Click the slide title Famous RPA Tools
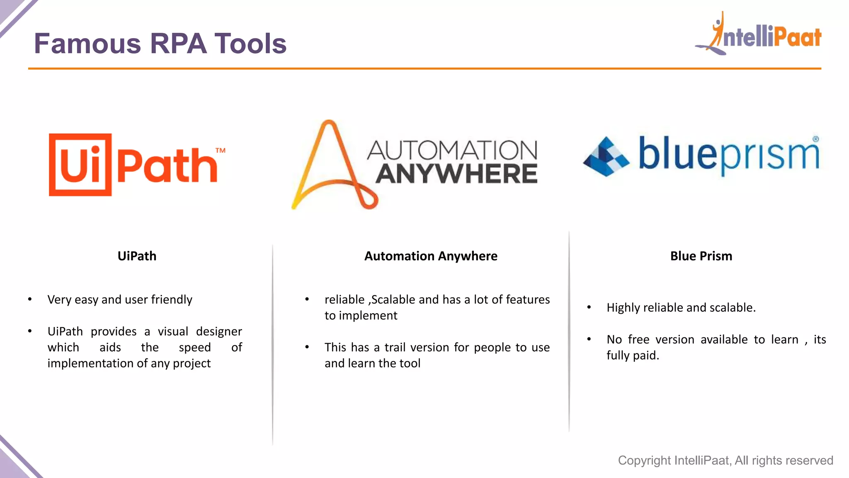coord(160,44)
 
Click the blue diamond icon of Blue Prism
coord(606,156)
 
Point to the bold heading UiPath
coord(137,256)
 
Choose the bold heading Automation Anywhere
coord(431,256)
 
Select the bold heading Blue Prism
coord(701,256)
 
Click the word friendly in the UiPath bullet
coord(171,299)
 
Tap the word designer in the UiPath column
coord(219,332)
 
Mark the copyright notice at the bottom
coord(725,460)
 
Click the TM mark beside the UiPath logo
coord(221,150)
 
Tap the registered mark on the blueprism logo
coord(815,139)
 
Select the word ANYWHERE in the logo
coord(456,174)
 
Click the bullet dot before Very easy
coord(30,299)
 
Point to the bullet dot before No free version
coord(589,339)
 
